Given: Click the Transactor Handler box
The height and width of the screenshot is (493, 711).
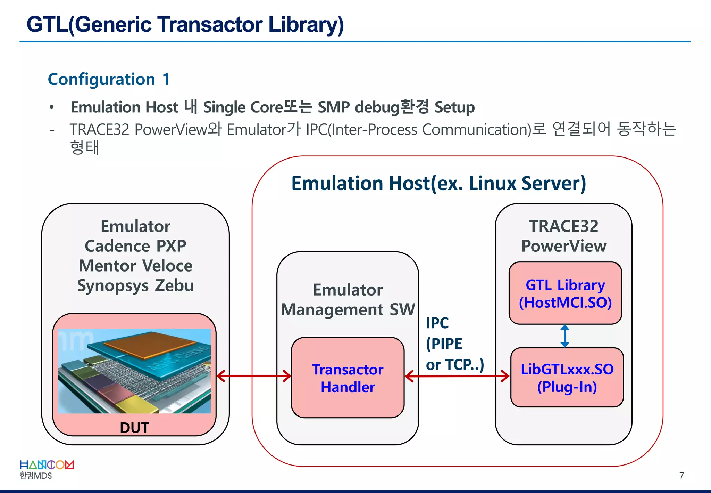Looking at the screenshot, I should click(x=348, y=378).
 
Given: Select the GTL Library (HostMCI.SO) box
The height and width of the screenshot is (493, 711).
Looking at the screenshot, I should click(x=565, y=293).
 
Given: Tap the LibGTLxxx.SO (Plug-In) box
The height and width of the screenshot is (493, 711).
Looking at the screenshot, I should click(x=567, y=378).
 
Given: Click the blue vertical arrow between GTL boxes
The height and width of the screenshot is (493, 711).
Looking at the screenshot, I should click(x=565, y=336).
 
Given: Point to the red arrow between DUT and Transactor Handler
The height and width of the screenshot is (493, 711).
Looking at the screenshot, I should click(x=253, y=376).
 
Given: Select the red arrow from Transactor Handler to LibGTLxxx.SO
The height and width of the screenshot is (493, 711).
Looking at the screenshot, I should click(x=457, y=376).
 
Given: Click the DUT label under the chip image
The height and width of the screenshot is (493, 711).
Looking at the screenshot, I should click(x=134, y=427).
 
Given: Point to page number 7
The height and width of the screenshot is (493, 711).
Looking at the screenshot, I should click(x=681, y=476).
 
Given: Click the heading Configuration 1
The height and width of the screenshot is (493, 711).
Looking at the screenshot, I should click(x=109, y=79).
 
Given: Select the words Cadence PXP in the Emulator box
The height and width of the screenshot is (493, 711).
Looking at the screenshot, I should click(x=135, y=246).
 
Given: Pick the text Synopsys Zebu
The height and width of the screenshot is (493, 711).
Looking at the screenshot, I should click(x=135, y=285).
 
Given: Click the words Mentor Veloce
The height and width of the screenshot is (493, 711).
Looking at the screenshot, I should click(x=135, y=266).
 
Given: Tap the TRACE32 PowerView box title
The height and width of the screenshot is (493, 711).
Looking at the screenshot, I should click(x=563, y=236).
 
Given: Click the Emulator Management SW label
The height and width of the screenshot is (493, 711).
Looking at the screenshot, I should click(x=348, y=299).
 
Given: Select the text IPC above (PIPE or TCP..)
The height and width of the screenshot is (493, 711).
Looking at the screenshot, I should click(x=437, y=323).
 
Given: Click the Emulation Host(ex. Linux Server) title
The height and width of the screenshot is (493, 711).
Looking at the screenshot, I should click(x=438, y=183).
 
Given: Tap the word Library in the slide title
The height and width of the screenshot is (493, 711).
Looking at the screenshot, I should click(x=306, y=25).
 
